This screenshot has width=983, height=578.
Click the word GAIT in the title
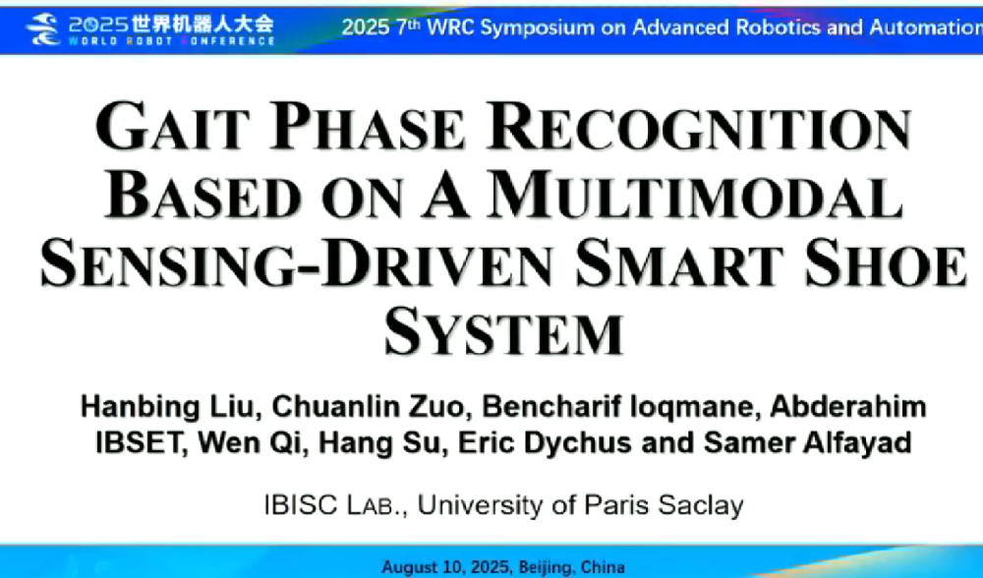[x=172, y=126]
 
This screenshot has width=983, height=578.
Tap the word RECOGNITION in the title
[x=699, y=126]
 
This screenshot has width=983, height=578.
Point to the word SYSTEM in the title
[x=503, y=331]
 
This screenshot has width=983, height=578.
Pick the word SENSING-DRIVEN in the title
[x=297, y=262]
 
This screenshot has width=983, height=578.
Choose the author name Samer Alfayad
[x=807, y=442]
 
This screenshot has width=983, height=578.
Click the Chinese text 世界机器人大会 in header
[x=202, y=24]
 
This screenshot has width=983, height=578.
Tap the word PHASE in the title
[x=368, y=126]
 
